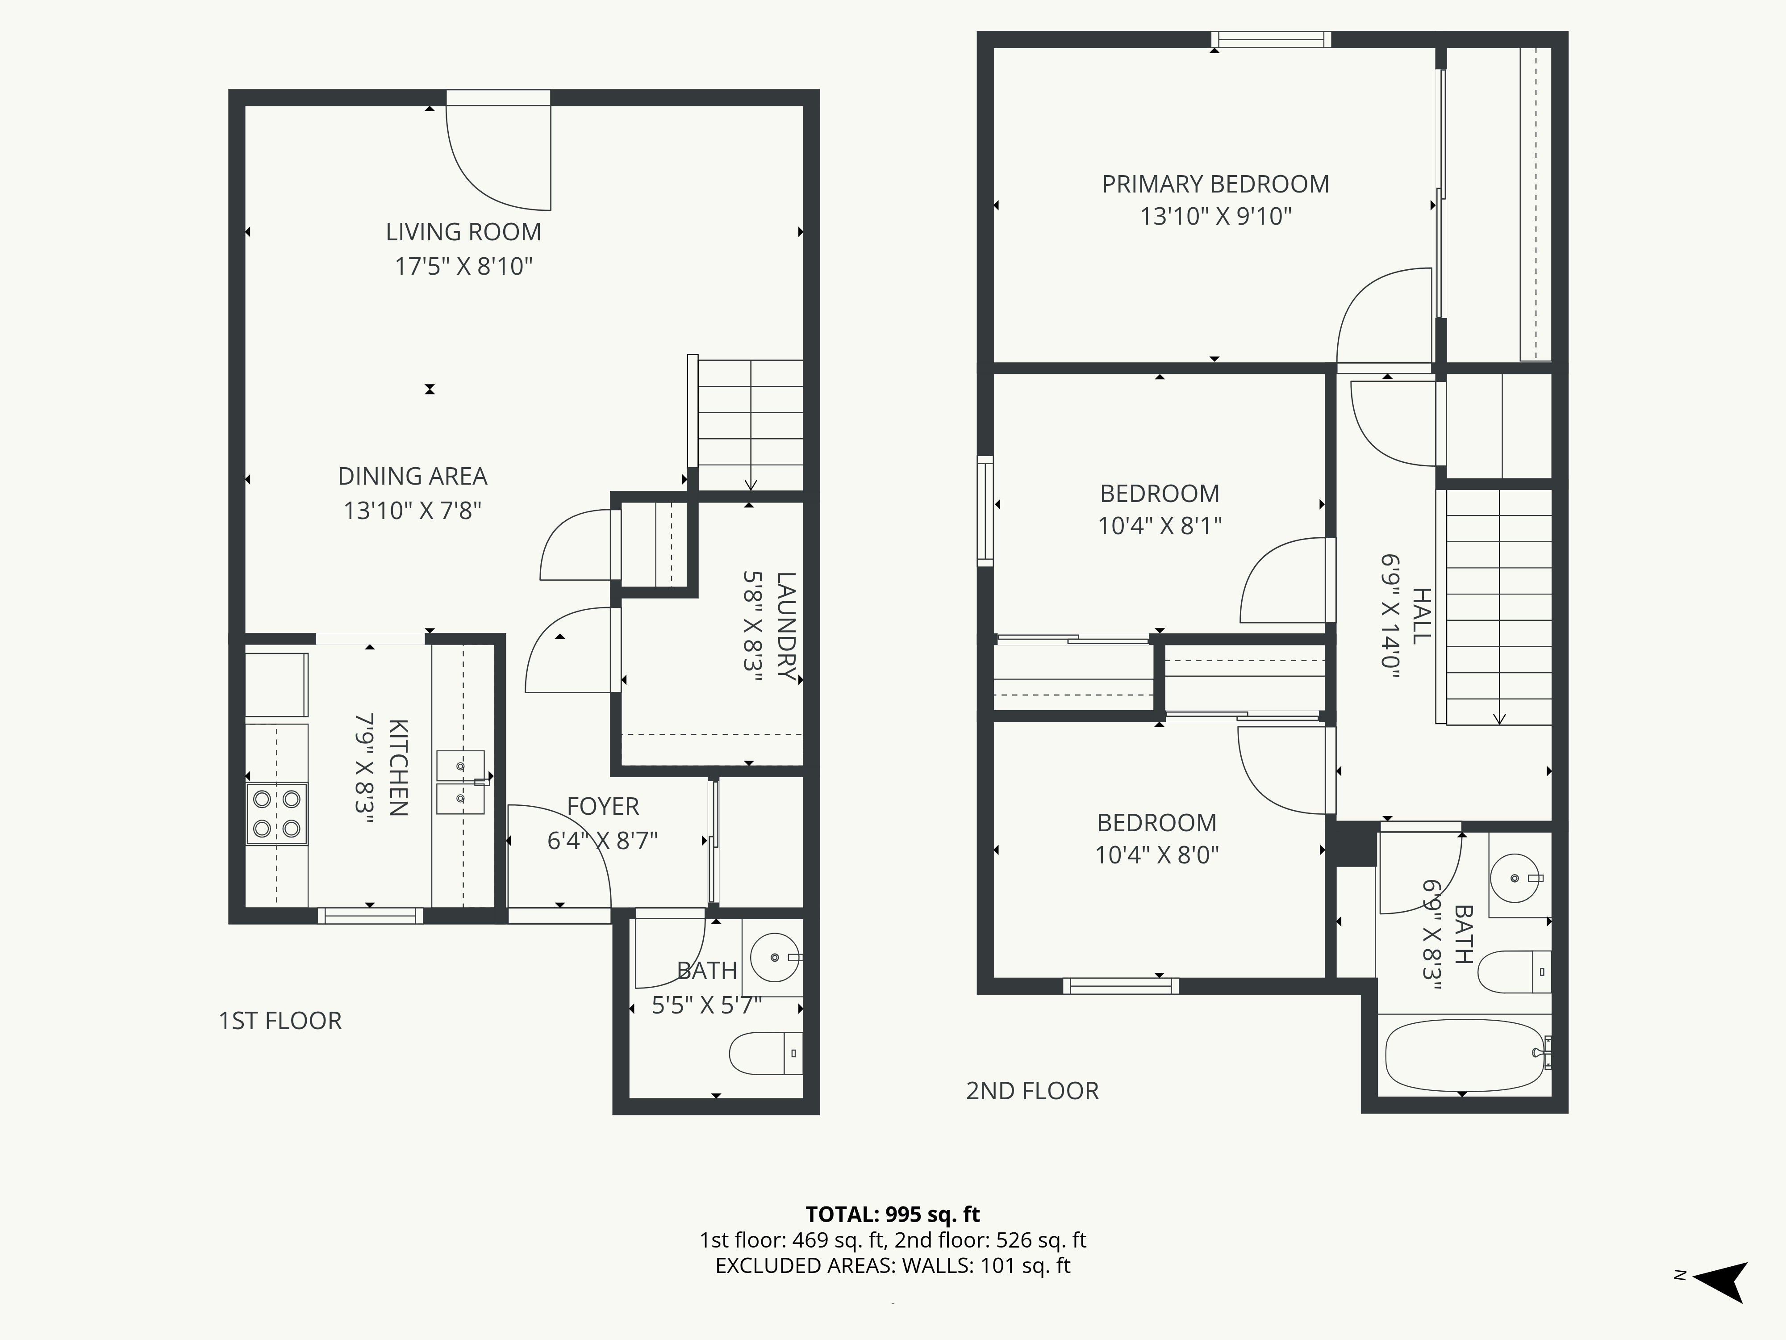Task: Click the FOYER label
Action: coord(602,806)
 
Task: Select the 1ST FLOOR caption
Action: coord(280,1021)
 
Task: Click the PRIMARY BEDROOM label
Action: coord(1215,184)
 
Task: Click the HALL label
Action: coord(1421,616)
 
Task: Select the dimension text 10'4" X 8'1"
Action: coord(1160,526)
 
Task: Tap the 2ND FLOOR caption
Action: coord(1032,1091)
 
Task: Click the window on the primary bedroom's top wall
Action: coord(1271,40)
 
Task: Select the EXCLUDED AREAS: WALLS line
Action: coord(892,1266)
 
